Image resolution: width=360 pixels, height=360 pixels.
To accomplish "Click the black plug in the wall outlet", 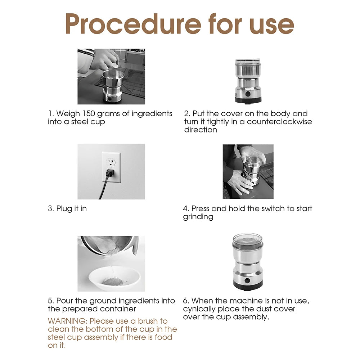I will pyautogui.click(x=109, y=174).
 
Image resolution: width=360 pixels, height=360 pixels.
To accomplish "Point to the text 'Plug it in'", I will pyautogui.click(x=71, y=209).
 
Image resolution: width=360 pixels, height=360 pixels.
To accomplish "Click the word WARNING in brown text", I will pyautogui.click(x=67, y=321).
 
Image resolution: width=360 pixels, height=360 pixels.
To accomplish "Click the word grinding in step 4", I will pyautogui.click(x=198, y=217).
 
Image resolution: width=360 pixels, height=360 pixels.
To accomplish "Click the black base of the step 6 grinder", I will pyautogui.click(x=247, y=288).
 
